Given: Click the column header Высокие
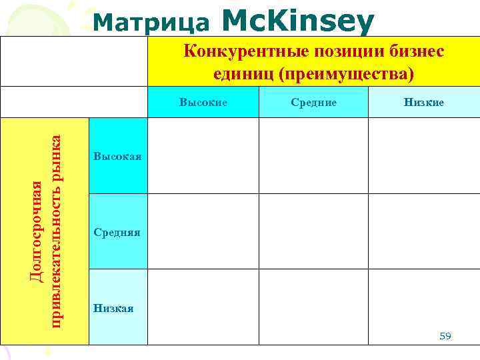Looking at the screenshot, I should tap(203, 103).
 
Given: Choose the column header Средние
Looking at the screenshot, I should tap(314, 103).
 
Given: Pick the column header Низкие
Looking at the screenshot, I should tap(423, 103).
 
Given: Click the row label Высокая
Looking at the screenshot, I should tap(118, 156).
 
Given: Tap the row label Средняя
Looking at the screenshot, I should tap(117, 232).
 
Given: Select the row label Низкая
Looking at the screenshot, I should tap(114, 308).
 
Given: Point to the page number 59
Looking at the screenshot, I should tap(445, 336).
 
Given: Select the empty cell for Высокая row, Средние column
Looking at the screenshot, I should tap(313, 155).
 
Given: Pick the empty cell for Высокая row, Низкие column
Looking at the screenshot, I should tap(424, 155).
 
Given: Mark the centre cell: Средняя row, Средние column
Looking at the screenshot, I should tap(313, 231).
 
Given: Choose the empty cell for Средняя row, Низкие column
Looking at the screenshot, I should tap(424, 231).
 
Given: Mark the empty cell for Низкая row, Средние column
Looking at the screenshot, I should tap(313, 307).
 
